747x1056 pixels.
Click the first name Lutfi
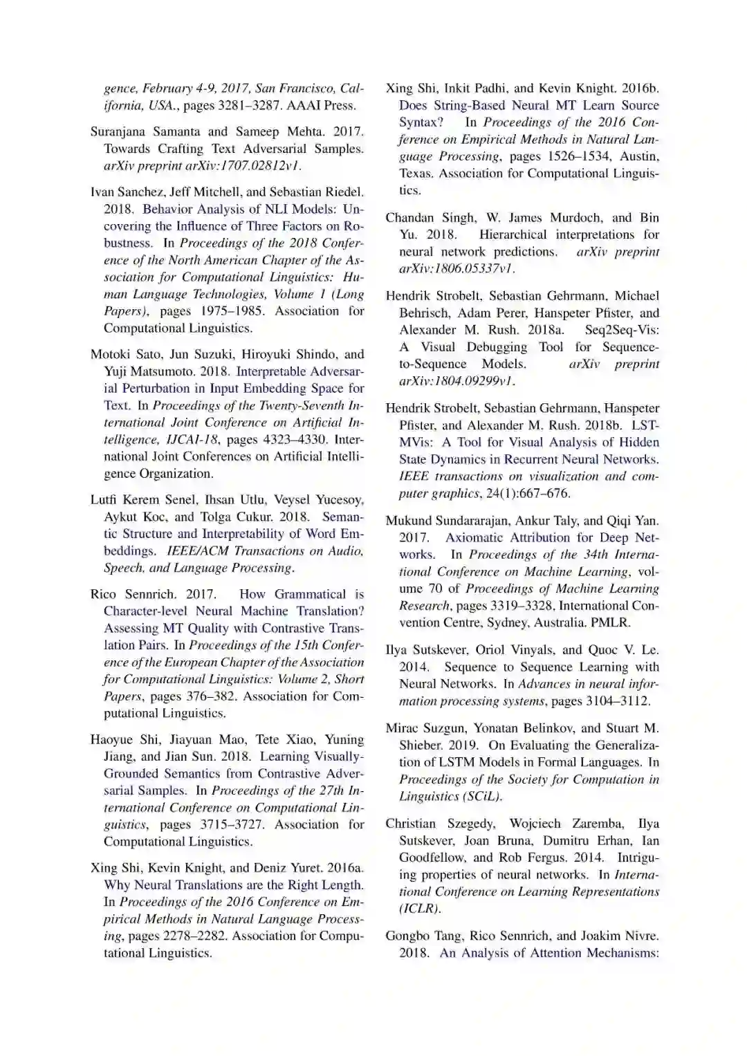point(104,499)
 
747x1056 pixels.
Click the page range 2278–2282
point(194,936)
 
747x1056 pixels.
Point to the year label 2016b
point(640,89)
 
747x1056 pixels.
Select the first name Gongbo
point(407,936)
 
